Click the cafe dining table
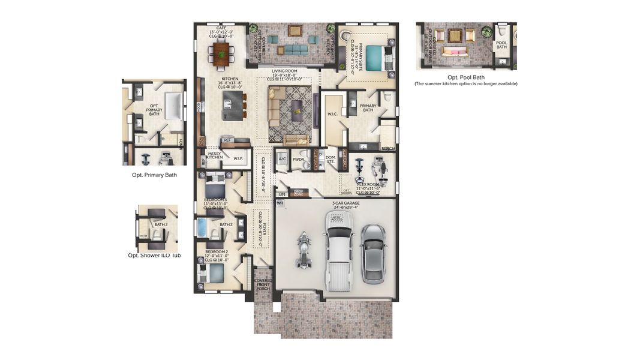point(222,53)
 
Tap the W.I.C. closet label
point(333,113)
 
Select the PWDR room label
point(299,160)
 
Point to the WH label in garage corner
point(280,203)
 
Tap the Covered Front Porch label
point(263,284)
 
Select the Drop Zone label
point(298,193)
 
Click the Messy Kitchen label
point(214,155)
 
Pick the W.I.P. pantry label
point(238,159)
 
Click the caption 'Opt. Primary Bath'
point(154,175)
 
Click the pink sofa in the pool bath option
point(455,53)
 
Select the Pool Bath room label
point(501,45)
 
